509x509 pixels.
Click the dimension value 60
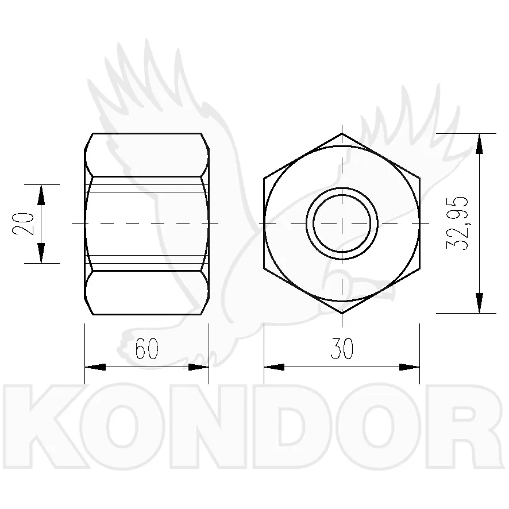[x=146, y=348]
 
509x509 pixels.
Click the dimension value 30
[x=342, y=348]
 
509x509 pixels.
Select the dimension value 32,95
[x=457, y=223]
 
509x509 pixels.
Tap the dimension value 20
[x=23, y=223]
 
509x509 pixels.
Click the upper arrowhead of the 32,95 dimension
[x=479, y=144]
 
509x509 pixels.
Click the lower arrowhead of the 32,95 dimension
[x=479, y=303]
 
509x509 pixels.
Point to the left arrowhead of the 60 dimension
[x=95, y=367]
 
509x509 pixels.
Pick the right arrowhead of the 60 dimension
[x=198, y=367]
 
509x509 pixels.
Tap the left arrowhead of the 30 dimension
[x=274, y=367]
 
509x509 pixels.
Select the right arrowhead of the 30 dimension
[x=409, y=367]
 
